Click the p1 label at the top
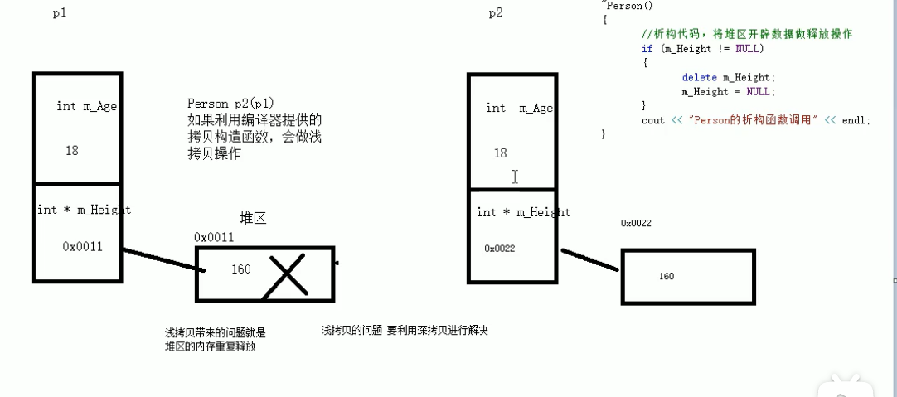60,14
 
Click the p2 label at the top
495,13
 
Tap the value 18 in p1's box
72,151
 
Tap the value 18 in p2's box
500,153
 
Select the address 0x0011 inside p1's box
82,246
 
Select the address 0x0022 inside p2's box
500,249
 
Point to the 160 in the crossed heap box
241,269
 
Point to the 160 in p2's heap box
667,276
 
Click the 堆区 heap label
253,218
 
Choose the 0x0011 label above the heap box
214,238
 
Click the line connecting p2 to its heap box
590,259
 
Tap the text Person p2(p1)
227,104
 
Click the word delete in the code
699,78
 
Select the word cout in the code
653,120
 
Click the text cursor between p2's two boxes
515,177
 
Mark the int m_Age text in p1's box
86,106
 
